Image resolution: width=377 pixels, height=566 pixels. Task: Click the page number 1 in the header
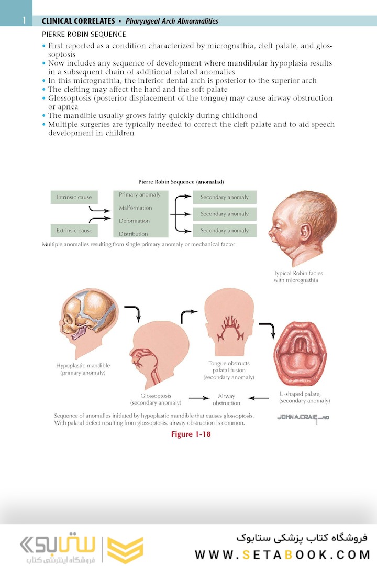pos(24,20)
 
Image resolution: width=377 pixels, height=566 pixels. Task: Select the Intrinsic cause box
pos(74,198)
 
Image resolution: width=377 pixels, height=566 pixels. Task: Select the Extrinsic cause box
pos(74,231)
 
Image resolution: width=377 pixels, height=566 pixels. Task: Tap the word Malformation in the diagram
pos(135,208)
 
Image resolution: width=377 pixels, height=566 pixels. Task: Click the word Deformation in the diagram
pos(134,221)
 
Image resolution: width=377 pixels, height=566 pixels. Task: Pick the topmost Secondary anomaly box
pos(225,198)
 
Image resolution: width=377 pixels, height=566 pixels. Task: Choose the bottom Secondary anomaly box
pos(225,231)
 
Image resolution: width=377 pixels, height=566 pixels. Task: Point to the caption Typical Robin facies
pos(298,273)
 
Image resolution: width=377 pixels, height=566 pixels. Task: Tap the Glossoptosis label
pos(156,396)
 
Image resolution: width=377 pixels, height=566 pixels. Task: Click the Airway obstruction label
pos(226,399)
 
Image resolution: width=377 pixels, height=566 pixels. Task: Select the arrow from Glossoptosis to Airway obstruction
pos(199,398)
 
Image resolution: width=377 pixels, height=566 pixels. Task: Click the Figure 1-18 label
pos(191,434)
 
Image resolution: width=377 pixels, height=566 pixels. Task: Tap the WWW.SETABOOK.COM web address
pos(282,554)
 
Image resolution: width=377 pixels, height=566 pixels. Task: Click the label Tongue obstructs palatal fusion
pos(229,370)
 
